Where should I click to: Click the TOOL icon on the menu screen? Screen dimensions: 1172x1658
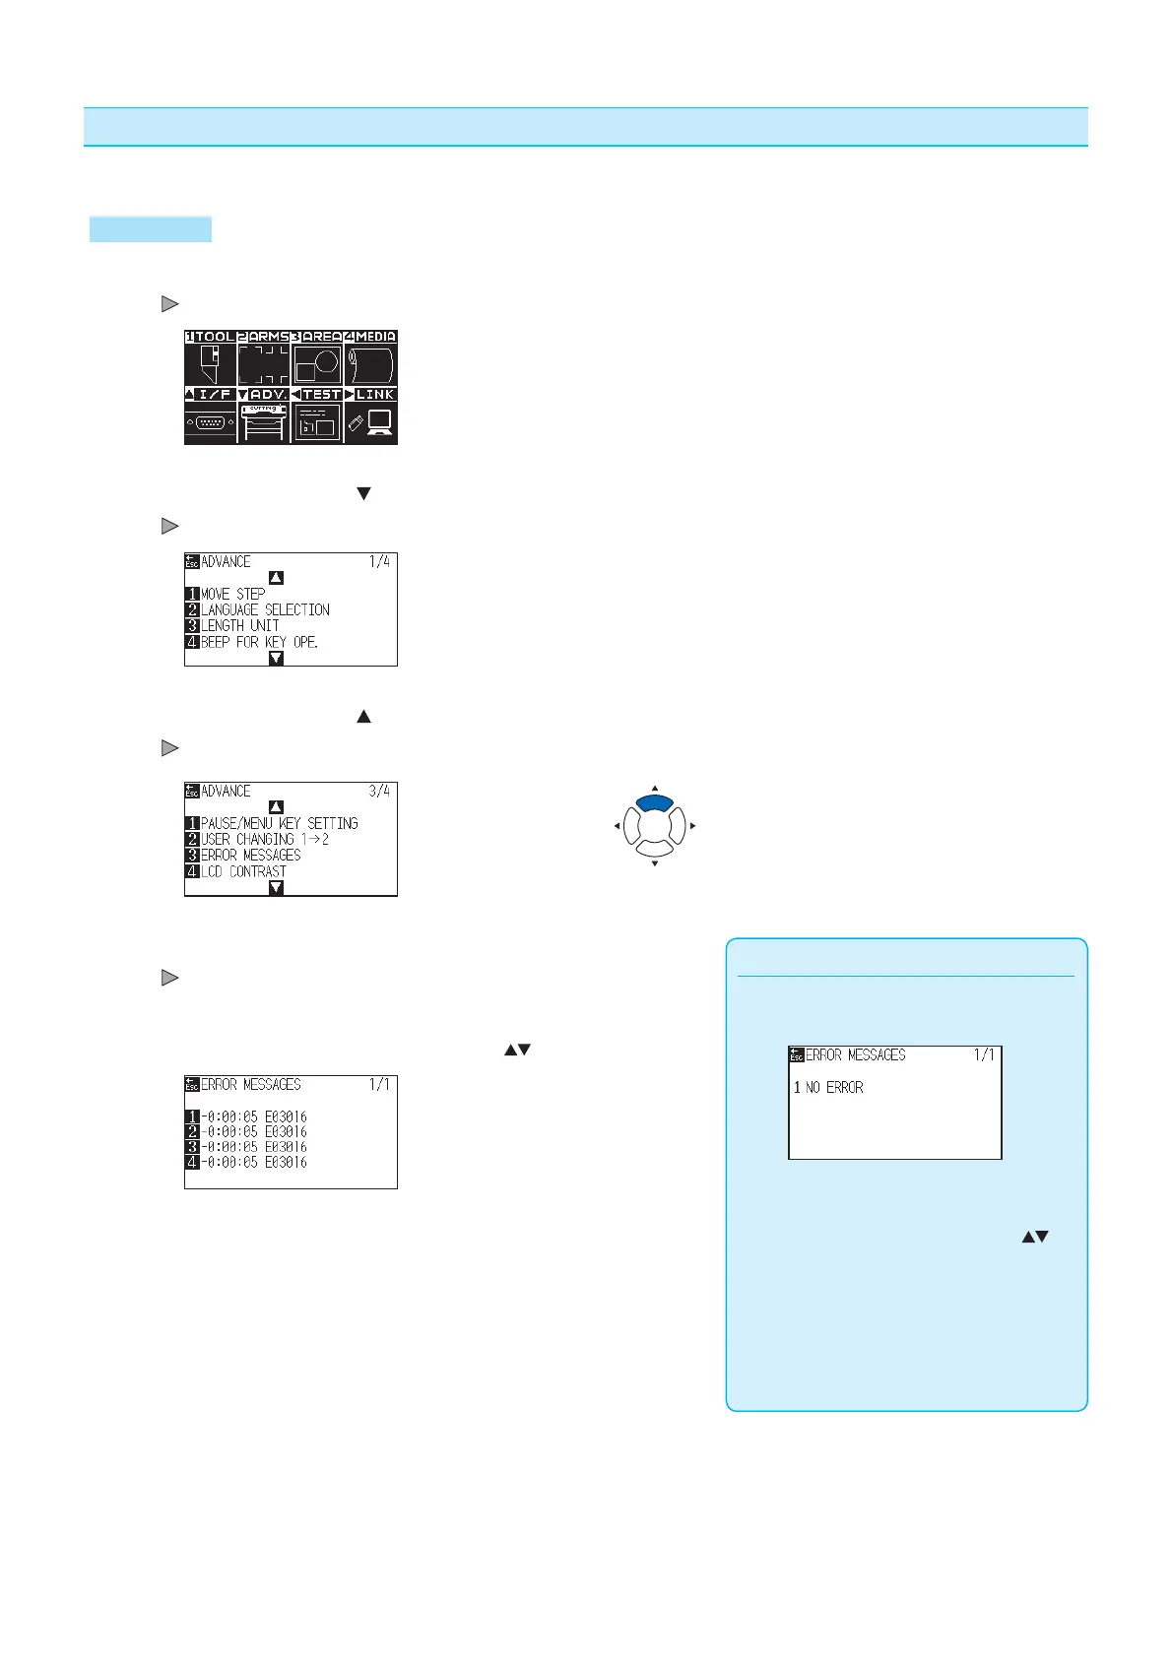[210, 363]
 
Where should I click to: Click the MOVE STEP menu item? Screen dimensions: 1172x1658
[232, 594]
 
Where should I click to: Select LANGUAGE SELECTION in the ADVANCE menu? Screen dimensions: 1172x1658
[264, 609]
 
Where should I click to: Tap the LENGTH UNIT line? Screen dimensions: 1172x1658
[239, 625]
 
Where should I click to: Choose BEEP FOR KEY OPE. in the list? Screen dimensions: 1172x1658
[259, 642]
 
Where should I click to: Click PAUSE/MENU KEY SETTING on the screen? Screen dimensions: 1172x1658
[279, 823]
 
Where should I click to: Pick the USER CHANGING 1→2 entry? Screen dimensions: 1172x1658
[264, 839]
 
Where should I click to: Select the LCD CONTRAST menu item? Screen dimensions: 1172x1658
[243, 871]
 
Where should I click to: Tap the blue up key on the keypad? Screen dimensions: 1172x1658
[655, 803]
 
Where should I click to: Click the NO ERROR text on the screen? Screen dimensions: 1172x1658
[833, 1087]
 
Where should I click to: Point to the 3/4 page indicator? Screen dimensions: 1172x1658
[379, 791]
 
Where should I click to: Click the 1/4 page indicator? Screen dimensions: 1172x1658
[379, 561]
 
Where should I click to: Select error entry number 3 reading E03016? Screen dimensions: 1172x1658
[253, 1147]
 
